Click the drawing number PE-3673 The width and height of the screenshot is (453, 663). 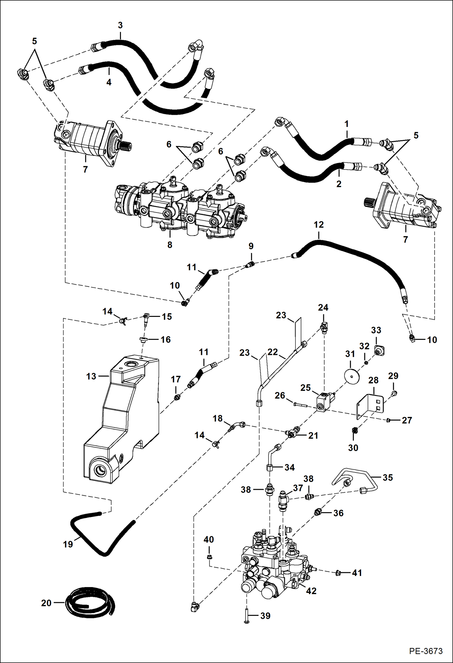pos(426,651)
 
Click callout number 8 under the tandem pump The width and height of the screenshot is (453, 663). pos(170,245)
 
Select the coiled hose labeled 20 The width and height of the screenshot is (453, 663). pos(91,603)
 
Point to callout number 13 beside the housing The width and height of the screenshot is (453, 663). pos(91,376)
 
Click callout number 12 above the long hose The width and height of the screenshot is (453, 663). pos(318,225)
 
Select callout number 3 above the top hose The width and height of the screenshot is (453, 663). pos(120,25)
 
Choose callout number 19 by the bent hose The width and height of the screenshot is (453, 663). pos(68,544)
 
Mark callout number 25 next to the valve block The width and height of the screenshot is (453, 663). pos(305,388)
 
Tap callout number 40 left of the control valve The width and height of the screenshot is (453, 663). pos(209,539)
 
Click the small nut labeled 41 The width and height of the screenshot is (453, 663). pos(338,573)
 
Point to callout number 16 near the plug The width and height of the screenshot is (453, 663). pos(165,340)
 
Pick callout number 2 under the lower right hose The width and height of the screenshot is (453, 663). pos(339,184)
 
